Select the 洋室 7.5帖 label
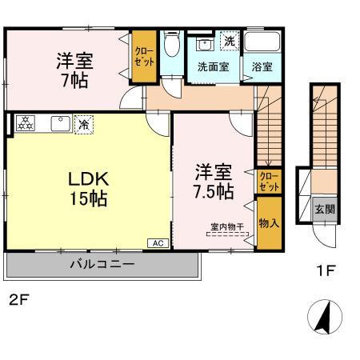[214, 182]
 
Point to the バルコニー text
[101, 263]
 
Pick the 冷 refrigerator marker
[83, 123]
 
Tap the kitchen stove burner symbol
[26, 123]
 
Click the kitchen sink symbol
[59, 123]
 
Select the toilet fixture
[171, 47]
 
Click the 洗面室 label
[214, 67]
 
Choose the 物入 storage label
[269, 222]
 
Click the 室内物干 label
[228, 226]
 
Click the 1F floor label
[325, 270]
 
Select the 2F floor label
[20, 301]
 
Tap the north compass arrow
[324, 317]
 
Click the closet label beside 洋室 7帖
[145, 55]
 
